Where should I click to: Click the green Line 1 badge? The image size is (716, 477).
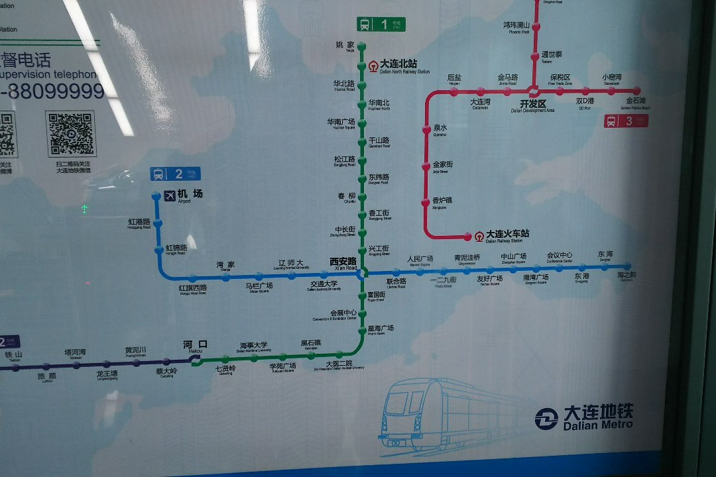tap(380, 25)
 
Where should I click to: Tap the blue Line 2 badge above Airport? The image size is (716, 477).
tap(175, 174)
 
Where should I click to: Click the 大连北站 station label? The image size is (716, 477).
tap(398, 64)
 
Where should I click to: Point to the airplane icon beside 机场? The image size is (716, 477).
tap(168, 195)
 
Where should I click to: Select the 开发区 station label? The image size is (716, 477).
tap(532, 105)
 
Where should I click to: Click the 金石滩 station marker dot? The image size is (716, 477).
tap(637, 91)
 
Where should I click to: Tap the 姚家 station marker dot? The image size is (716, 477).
tap(361, 46)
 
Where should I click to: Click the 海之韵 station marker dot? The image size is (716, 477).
tap(626, 266)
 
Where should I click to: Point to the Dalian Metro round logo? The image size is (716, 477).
tap(546, 419)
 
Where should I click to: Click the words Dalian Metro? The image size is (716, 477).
tap(598, 425)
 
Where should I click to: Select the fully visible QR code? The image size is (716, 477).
tap(70, 133)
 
